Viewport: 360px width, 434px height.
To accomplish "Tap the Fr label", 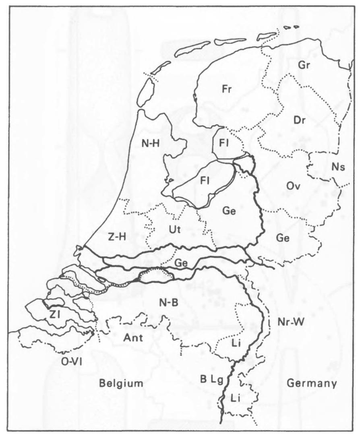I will click(228, 89).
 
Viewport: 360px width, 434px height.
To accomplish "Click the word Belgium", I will click(121, 383).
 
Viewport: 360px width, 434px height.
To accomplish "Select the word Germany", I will click(311, 383).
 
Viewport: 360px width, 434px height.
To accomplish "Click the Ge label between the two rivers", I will click(182, 262).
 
